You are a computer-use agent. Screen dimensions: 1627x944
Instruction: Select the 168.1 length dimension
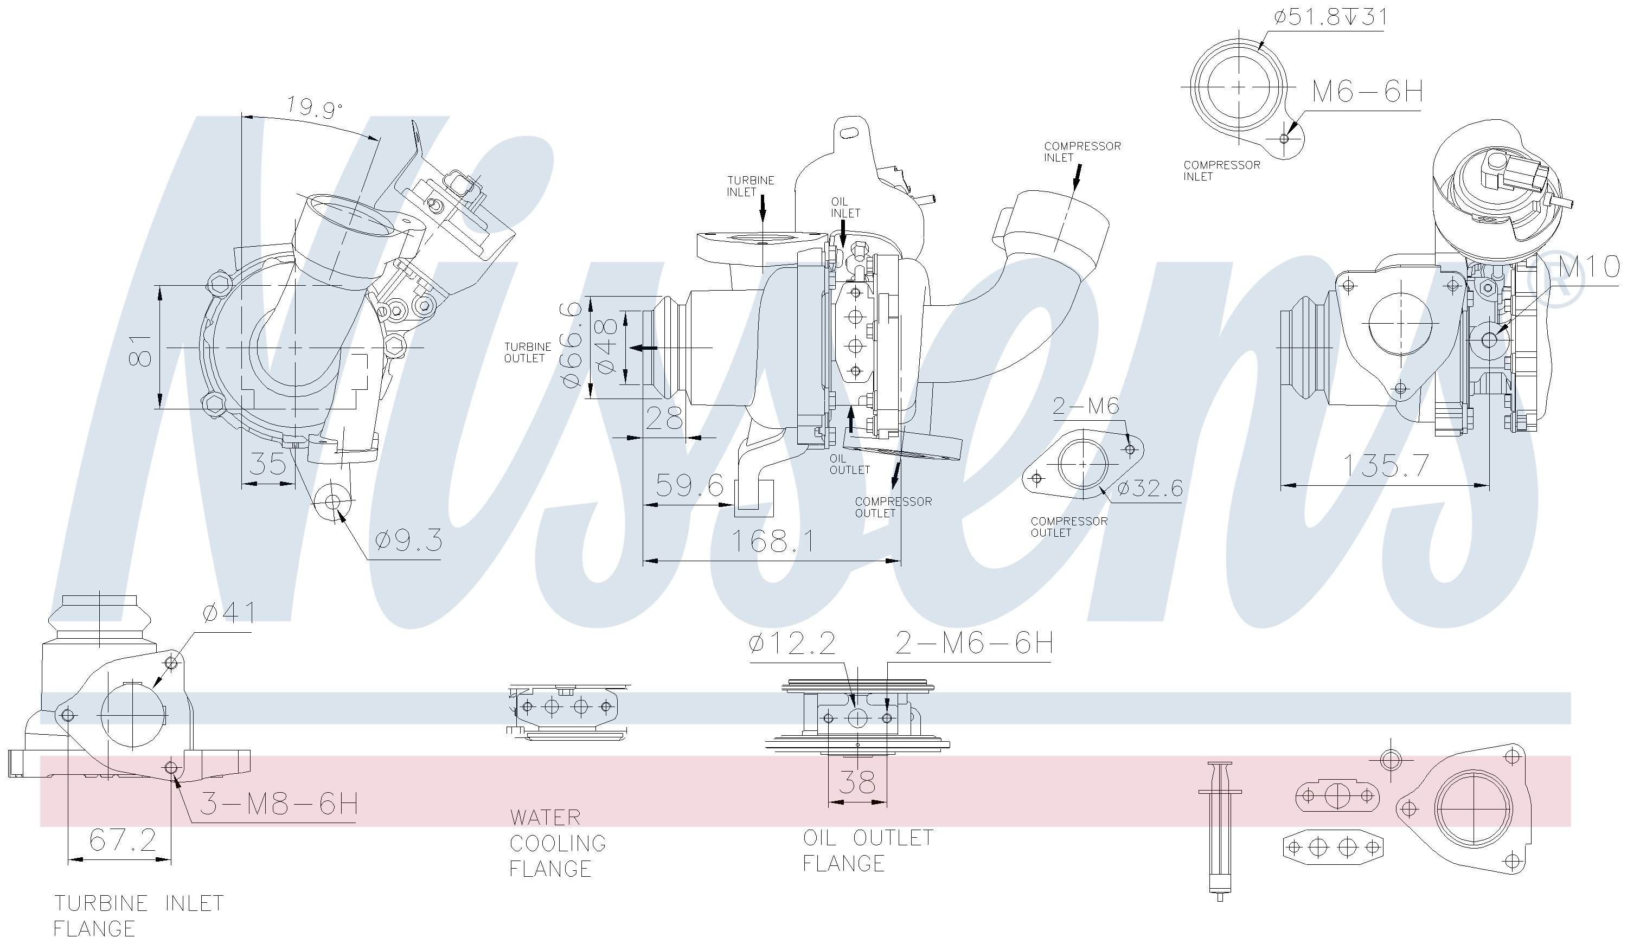pos(772,541)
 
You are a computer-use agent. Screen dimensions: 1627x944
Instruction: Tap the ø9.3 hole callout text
pos(409,540)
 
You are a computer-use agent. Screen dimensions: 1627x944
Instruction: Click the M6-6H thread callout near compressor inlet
pos(1367,92)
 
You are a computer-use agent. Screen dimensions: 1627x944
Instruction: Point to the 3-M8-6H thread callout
pos(278,804)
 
